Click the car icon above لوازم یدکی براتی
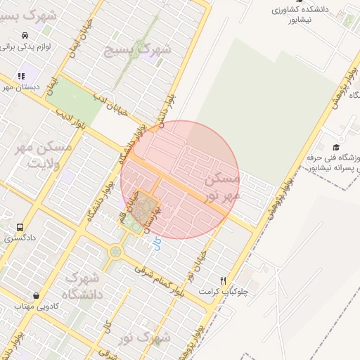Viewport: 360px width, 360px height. tap(25, 35)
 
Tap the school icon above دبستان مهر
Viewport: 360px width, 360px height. tap(22, 75)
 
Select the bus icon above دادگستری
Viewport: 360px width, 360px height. tap(20, 227)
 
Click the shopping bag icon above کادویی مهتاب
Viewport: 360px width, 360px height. tap(36, 295)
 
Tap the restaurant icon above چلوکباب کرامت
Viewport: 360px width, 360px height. tap(224, 280)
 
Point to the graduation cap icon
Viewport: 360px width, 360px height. tap(336, 147)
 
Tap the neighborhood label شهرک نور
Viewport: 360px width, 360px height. tap(145, 338)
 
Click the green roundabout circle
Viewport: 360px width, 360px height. tap(115, 251)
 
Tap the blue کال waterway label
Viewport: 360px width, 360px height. tap(156, 244)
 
